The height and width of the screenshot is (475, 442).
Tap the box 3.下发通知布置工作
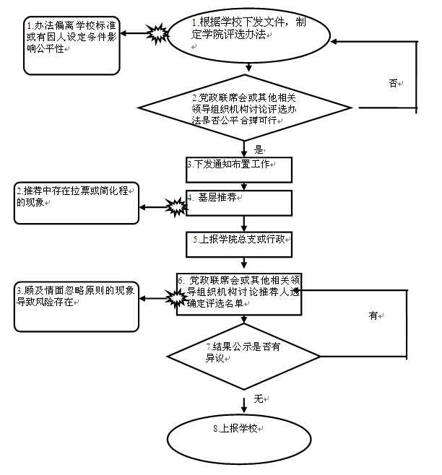(238, 170)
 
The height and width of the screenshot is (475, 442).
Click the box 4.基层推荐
(238, 203)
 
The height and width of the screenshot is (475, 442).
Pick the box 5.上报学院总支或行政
(238, 244)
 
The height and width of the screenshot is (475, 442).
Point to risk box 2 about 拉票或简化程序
(76, 204)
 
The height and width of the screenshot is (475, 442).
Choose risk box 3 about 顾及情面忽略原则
(77, 305)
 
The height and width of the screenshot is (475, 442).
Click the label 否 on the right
(393, 83)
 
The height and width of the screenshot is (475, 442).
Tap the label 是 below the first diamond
(259, 150)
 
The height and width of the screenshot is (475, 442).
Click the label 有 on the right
(373, 315)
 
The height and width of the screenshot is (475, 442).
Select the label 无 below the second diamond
(258, 398)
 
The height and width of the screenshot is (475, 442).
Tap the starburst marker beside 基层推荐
(175, 209)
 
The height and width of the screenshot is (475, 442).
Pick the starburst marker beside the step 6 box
(175, 297)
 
